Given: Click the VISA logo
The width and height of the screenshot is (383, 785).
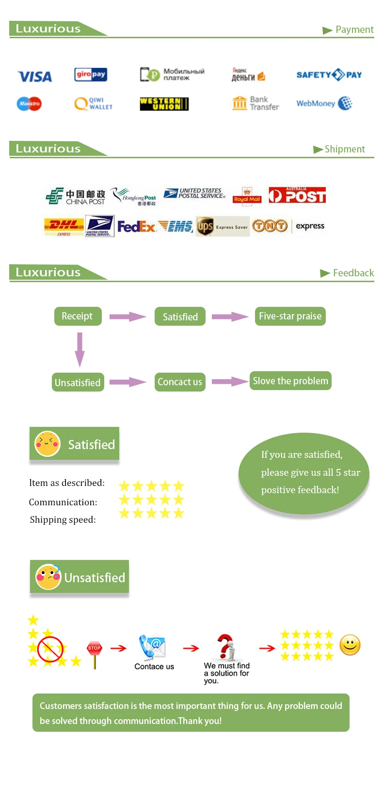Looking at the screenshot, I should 34,76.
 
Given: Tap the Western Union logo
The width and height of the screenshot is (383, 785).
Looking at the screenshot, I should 164,104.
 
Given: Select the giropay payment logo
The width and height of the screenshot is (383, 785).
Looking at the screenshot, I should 91,75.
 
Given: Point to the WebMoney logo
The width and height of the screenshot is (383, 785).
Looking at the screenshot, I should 324,103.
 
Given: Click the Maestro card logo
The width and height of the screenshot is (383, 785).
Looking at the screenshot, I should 29,104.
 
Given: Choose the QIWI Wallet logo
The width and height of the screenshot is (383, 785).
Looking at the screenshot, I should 94,104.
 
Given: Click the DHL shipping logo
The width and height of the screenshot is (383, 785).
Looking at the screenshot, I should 64,226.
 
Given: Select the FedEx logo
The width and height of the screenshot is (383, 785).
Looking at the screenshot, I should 136,226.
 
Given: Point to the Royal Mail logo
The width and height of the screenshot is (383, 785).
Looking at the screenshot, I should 247,196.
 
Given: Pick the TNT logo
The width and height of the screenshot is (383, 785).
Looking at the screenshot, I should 270,226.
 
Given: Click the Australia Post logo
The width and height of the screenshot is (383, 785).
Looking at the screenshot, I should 297,195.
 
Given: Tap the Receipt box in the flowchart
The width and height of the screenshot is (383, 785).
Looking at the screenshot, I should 78,317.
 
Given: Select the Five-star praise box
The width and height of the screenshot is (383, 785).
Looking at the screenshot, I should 290,317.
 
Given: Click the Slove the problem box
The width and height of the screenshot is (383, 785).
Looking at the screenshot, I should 290,381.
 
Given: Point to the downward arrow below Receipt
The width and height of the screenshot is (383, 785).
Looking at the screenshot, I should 80,349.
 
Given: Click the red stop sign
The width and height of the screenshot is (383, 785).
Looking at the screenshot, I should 95,649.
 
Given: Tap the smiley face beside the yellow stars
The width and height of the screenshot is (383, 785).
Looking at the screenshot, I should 350,645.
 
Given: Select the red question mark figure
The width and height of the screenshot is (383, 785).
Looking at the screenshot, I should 226,647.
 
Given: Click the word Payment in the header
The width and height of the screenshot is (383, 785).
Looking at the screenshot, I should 354,30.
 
